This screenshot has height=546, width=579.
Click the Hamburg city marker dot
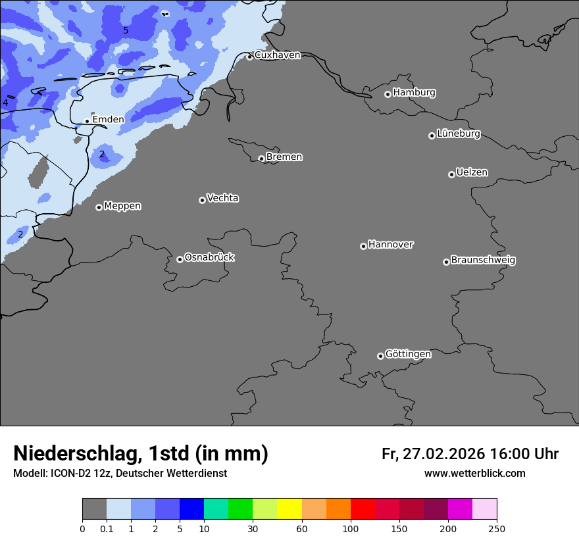[x=388, y=94]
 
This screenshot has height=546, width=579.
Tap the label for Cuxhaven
[x=277, y=55]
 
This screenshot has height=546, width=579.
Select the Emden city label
[x=108, y=120]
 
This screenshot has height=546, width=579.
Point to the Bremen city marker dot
[x=261, y=159]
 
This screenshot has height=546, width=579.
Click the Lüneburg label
[x=459, y=134]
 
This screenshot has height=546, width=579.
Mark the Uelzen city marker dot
[x=451, y=174]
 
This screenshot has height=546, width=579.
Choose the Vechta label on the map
[x=222, y=198]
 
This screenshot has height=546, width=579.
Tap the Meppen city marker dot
[x=99, y=207]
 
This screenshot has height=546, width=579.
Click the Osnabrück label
[x=209, y=257]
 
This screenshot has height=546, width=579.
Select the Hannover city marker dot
[x=363, y=246]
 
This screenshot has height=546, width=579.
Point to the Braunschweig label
[x=483, y=260]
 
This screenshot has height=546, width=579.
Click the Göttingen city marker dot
[x=380, y=356]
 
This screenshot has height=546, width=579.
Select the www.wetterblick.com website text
[x=474, y=474]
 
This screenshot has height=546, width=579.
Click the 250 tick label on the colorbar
[x=497, y=528]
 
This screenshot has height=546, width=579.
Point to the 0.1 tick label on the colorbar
[x=107, y=528]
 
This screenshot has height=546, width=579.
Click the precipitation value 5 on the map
[x=126, y=30]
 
